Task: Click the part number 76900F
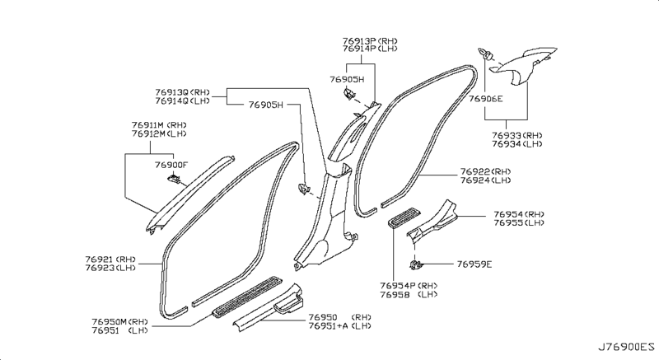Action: click(171, 164)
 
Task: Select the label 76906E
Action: click(486, 99)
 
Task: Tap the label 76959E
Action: click(474, 264)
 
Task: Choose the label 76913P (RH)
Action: click(369, 39)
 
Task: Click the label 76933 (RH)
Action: click(517, 133)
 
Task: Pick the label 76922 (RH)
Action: click(485, 171)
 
